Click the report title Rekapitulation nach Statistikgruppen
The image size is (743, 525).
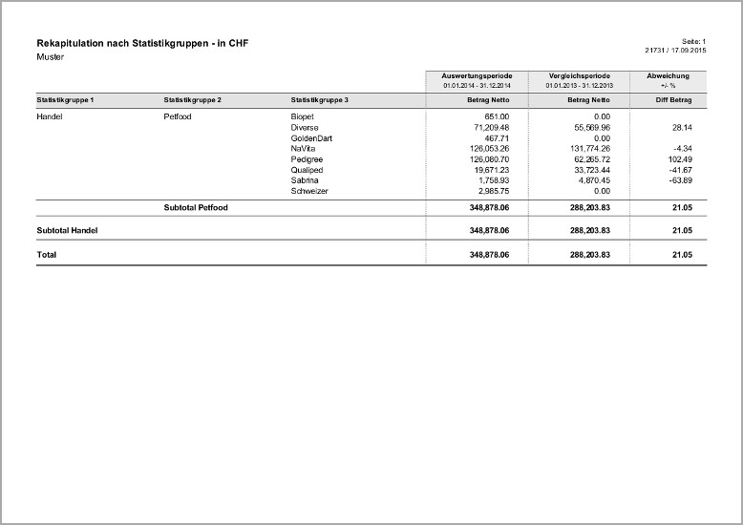pyautogui.click(x=142, y=44)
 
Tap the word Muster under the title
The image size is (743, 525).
pyautogui.click(x=50, y=57)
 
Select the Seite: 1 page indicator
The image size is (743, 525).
pyautogui.click(x=693, y=41)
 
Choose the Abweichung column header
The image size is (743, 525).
pyautogui.click(x=669, y=75)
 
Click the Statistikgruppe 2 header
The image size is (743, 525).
pyautogui.click(x=193, y=100)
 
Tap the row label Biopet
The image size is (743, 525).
pyautogui.click(x=303, y=115)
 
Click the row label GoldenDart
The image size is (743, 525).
pyautogui.click(x=311, y=137)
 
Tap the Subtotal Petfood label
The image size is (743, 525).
pyautogui.click(x=196, y=207)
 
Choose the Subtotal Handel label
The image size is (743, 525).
pyautogui.click(x=67, y=230)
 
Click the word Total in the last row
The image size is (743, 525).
pyautogui.click(x=47, y=255)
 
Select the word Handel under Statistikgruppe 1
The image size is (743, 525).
pyautogui.click(x=50, y=115)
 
